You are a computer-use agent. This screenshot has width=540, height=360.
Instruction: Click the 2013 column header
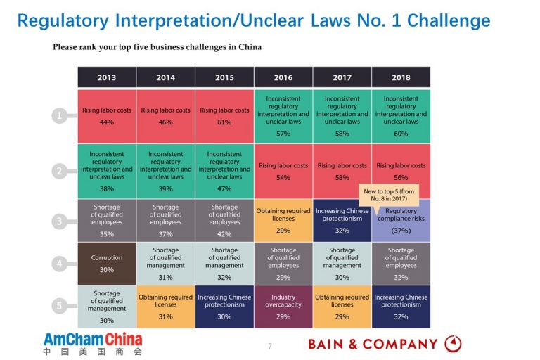[x=107, y=77]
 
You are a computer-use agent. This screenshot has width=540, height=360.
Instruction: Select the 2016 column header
[x=283, y=77]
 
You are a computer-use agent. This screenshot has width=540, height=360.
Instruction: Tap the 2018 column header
[x=401, y=77]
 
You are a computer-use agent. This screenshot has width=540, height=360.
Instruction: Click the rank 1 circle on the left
[x=60, y=116]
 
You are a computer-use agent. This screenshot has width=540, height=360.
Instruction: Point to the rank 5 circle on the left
[x=60, y=306]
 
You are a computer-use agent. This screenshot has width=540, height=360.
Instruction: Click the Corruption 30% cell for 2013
[x=107, y=264]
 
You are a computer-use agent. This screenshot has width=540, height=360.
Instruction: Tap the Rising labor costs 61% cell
[x=224, y=116]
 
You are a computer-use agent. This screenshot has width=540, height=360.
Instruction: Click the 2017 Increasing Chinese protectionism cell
[x=342, y=220]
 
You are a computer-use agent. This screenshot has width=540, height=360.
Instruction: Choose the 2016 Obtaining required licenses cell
[x=283, y=220]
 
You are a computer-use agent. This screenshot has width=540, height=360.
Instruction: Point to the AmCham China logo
[x=92, y=343]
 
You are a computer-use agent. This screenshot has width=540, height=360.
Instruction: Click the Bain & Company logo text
[x=373, y=344]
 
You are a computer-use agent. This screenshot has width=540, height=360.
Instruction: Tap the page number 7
[x=269, y=346]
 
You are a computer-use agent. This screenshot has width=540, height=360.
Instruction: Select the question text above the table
[x=157, y=47]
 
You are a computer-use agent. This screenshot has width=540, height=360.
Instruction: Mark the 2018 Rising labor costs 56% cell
[x=401, y=172]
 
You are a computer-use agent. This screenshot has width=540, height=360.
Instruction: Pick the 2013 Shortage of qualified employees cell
[x=107, y=220]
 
